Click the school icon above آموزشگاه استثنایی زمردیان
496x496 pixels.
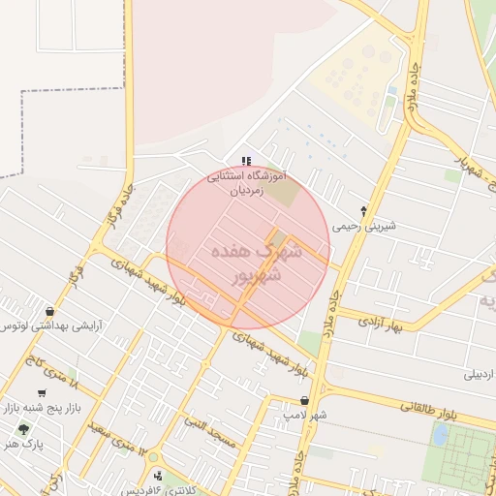(246, 161)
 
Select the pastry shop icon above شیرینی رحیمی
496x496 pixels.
(363, 211)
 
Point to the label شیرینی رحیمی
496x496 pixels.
(357, 227)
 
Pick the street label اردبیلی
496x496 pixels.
(479, 374)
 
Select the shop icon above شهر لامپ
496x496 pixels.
(305, 400)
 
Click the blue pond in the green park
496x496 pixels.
(439, 435)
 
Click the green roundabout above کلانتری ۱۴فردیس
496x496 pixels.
(153, 457)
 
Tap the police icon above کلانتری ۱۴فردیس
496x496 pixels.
(159, 476)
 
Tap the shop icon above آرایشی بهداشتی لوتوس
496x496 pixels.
(48, 311)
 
